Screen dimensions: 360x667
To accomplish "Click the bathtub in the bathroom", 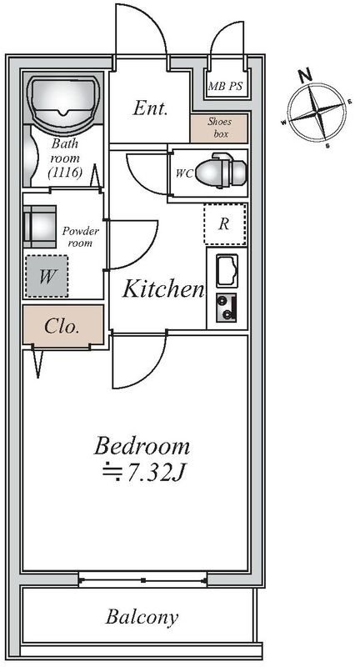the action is [x=64, y=101].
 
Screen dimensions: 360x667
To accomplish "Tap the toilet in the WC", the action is [x=221, y=171].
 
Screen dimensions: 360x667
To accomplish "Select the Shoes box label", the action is [x=219, y=128].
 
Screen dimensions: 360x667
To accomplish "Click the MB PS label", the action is [x=225, y=87].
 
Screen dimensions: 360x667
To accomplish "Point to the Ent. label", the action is [x=150, y=108].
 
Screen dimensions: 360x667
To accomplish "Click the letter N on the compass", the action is [x=305, y=76].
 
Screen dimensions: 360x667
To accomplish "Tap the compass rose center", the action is [x=317, y=113].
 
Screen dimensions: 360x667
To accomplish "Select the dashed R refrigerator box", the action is [x=225, y=224].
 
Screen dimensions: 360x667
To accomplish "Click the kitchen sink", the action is [x=227, y=270].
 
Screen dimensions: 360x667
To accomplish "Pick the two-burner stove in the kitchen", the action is [x=226, y=308].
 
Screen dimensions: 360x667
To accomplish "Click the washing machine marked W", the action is [x=47, y=276].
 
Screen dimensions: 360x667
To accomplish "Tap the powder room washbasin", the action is [x=39, y=227].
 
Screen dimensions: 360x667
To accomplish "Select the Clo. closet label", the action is [x=62, y=327].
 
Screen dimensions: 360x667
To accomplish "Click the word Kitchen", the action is [x=163, y=289].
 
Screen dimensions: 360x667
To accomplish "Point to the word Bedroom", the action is [x=142, y=447].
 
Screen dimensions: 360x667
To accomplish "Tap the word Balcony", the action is [x=142, y=617].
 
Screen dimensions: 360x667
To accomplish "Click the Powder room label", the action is [x=80, y=238].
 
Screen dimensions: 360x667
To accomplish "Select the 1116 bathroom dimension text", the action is [x=65, y=173].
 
